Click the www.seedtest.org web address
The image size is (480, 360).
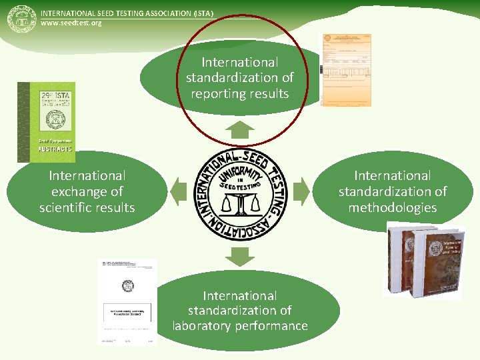pos(71,23)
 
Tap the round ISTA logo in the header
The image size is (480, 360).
pos(21,19)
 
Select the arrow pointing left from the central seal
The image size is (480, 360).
pos(178,191)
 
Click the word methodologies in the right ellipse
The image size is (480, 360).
pos(392,207)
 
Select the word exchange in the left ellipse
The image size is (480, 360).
pos(87,191)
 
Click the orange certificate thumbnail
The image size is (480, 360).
pos(346,70)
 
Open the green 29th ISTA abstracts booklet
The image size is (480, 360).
pos(46,122)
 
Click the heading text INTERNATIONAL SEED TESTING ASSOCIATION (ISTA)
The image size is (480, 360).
pos(127,13)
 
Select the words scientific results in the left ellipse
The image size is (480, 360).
pos(87,207)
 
